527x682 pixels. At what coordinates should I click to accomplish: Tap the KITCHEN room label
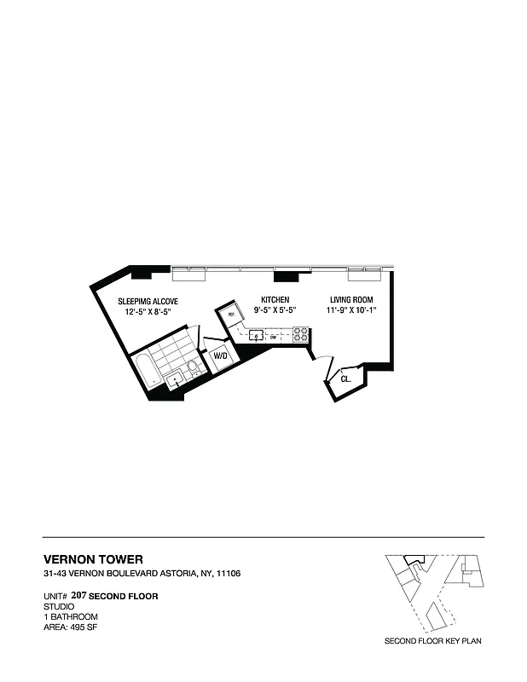(275, 300)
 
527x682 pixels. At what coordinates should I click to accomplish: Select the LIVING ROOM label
(350, 300)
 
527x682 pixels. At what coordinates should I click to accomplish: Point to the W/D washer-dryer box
(220, 355)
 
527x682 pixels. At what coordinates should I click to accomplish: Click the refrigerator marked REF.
(230, 315)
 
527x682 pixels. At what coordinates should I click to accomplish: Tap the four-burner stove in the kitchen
(300, 335)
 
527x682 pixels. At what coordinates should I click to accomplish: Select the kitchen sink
(257, 335)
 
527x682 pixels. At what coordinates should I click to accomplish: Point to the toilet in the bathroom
(194, 369)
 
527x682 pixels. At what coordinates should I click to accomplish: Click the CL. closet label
(345, 378)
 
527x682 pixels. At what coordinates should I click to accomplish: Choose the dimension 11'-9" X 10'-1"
(350, 311)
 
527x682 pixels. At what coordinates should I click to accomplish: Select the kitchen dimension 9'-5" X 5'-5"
(275, 311)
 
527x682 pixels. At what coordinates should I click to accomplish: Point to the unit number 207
(79, 595)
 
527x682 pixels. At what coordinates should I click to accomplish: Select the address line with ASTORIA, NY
(142, 574)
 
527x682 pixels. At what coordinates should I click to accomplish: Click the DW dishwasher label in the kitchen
(274, 337)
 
